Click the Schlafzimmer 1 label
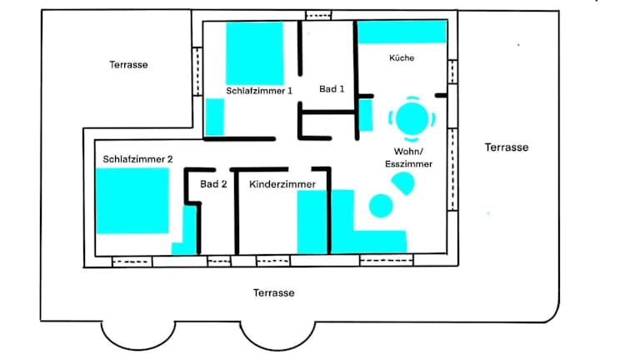click(x=259, y=91)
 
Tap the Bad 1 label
click(x=332, y=89)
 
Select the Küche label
click(x=402, y=58)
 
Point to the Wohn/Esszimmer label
click(x=408, y=157)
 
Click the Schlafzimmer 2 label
click(x=137, y=159)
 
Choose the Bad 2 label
click(x=213, y=184)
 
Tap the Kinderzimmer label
click(x=282, y=184)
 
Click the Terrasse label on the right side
click(x=507, y=147)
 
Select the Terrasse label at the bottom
click(x=273, y=292)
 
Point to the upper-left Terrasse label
click(x=128, y=64)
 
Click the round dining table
click(x=412, y=119)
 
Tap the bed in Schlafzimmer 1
click(x=255, y=53)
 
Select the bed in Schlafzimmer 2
click(x=132, y=201)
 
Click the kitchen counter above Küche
click(x=402, y=32)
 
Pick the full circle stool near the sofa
click(x=381, y=206)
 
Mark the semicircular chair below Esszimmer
click(x=403, y=182)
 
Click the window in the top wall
click(x=319, y=15)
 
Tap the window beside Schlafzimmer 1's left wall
click(x=197, y=72)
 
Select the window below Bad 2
click(x=219, y=261)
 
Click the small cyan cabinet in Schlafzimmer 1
click(x=214, y=117)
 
